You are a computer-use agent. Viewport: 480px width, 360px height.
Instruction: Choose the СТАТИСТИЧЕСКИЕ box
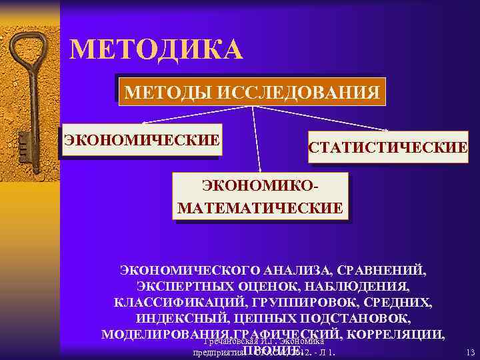[x=387, y=147]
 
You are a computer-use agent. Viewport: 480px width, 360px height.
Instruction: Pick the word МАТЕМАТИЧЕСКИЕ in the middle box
[x=260, y=208]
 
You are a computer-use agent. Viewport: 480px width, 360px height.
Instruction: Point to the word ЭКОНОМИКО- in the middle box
[x=261, y=186]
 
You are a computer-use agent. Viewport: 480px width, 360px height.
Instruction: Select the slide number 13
[x=470, y=351]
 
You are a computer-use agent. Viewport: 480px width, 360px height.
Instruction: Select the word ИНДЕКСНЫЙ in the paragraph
[x=177, y=318]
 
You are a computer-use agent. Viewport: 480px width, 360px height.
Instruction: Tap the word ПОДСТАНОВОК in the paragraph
[x=359, y=318]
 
